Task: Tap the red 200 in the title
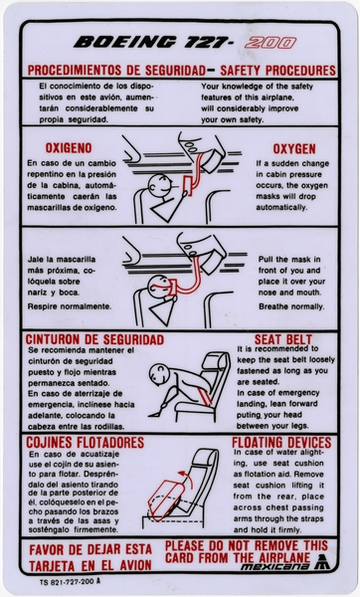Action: [270, 43]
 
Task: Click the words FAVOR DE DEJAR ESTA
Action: [90, 547]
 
